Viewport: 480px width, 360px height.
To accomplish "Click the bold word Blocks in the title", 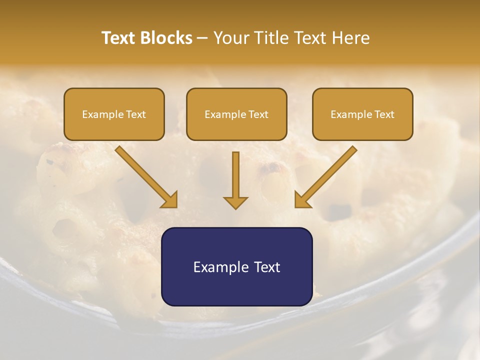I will tap(167, 38).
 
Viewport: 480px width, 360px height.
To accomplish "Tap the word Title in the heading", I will tap(269, 38).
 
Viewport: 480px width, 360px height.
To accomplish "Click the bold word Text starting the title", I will tap(119, 38).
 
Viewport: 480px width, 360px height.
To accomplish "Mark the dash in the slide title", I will tap(202, 38).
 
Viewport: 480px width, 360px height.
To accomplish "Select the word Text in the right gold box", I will tap(384, 114).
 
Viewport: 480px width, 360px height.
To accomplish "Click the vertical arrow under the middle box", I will tap(235, 175).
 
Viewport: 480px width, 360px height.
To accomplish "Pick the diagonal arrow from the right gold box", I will tap(330, 172).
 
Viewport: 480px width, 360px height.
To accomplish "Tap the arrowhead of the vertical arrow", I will tap(235, 202).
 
